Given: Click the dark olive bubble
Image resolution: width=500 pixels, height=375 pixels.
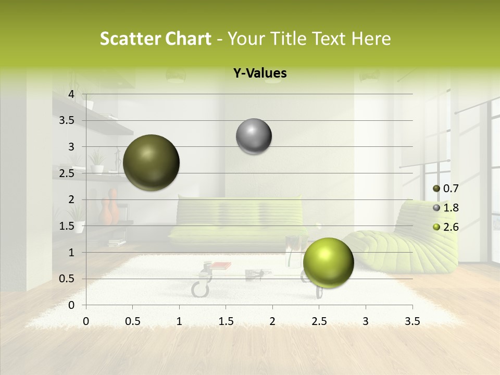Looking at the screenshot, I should [x=152, y=162].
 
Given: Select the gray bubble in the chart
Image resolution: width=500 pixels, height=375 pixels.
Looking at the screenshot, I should [x=254, y=136].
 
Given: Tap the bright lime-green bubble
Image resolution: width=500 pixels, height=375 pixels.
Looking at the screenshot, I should [x=328, y=262].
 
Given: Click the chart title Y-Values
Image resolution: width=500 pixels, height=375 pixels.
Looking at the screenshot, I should [x=260, y=73].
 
